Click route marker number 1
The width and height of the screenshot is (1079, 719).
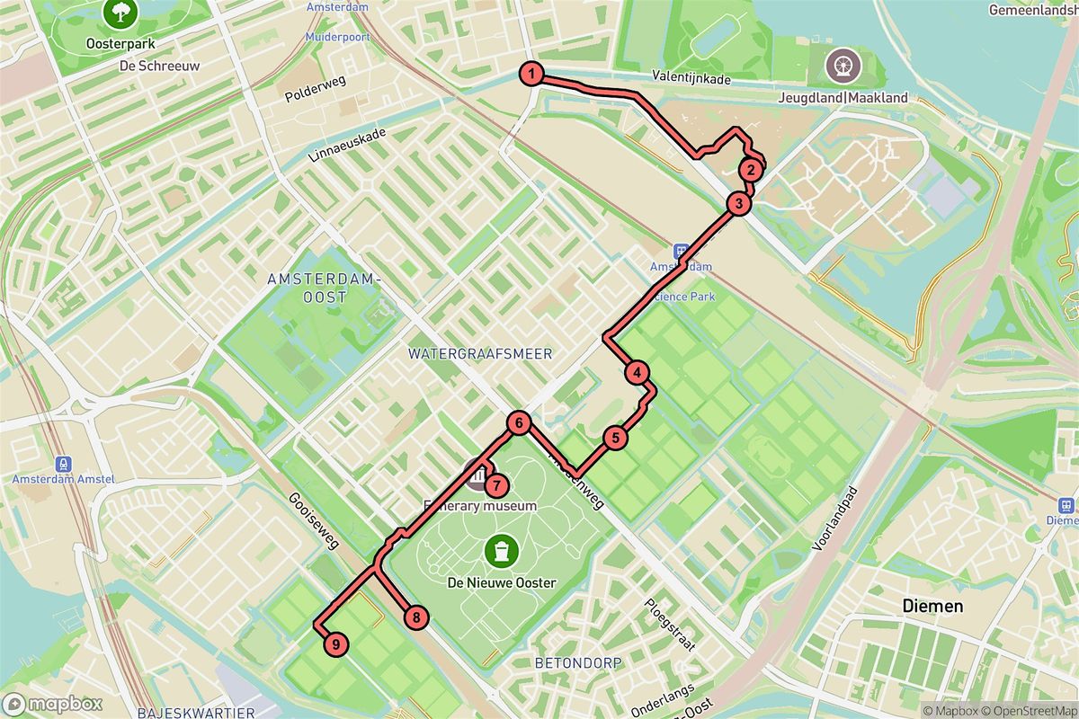pyautogui.click(x=531, y=74)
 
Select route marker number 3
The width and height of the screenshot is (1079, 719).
pyautogui.click(x=738, y=204)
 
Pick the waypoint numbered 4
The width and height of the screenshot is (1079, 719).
pyautogui.click(x=637, y=373)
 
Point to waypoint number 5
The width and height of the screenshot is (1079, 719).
pyautogui.click(x=615, y=438)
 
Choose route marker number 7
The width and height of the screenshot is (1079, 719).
pyautogui.click(x=496, y=485)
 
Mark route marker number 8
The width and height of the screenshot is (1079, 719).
pyautogui.click(x=416, y=617)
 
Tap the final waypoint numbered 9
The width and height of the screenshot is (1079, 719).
pyautogui.click(x=334, y=644)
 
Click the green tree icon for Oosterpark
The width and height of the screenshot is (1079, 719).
pyautogui.click(x=119, y=13)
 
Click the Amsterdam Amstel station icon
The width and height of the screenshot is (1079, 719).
pyautogui.click(x=64, y=464)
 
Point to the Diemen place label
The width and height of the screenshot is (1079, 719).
pyautogui.click(x=932, y=607)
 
